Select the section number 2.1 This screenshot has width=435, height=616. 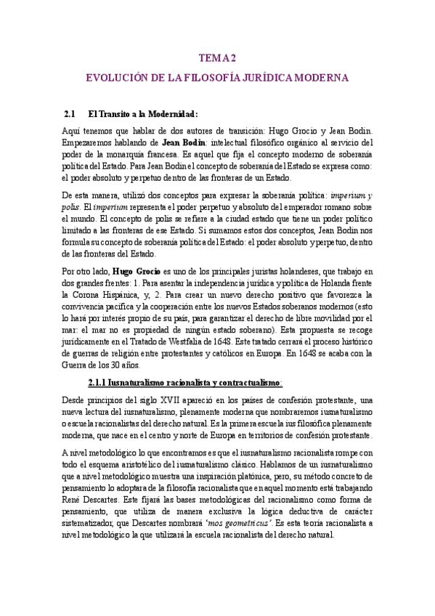[70, 113]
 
